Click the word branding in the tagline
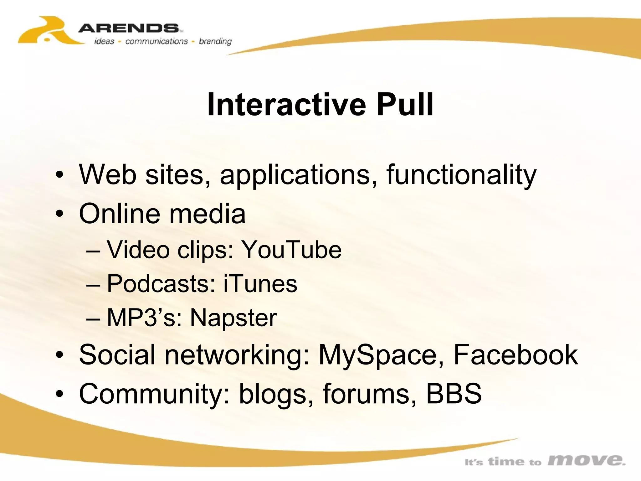(215, 41)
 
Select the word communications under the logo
(156, 41)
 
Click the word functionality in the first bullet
(461, 175)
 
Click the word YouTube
(292, 250)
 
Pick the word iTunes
(260, 284)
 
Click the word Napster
(233, 318)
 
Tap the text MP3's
(144, 318)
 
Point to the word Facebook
(515, 355)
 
